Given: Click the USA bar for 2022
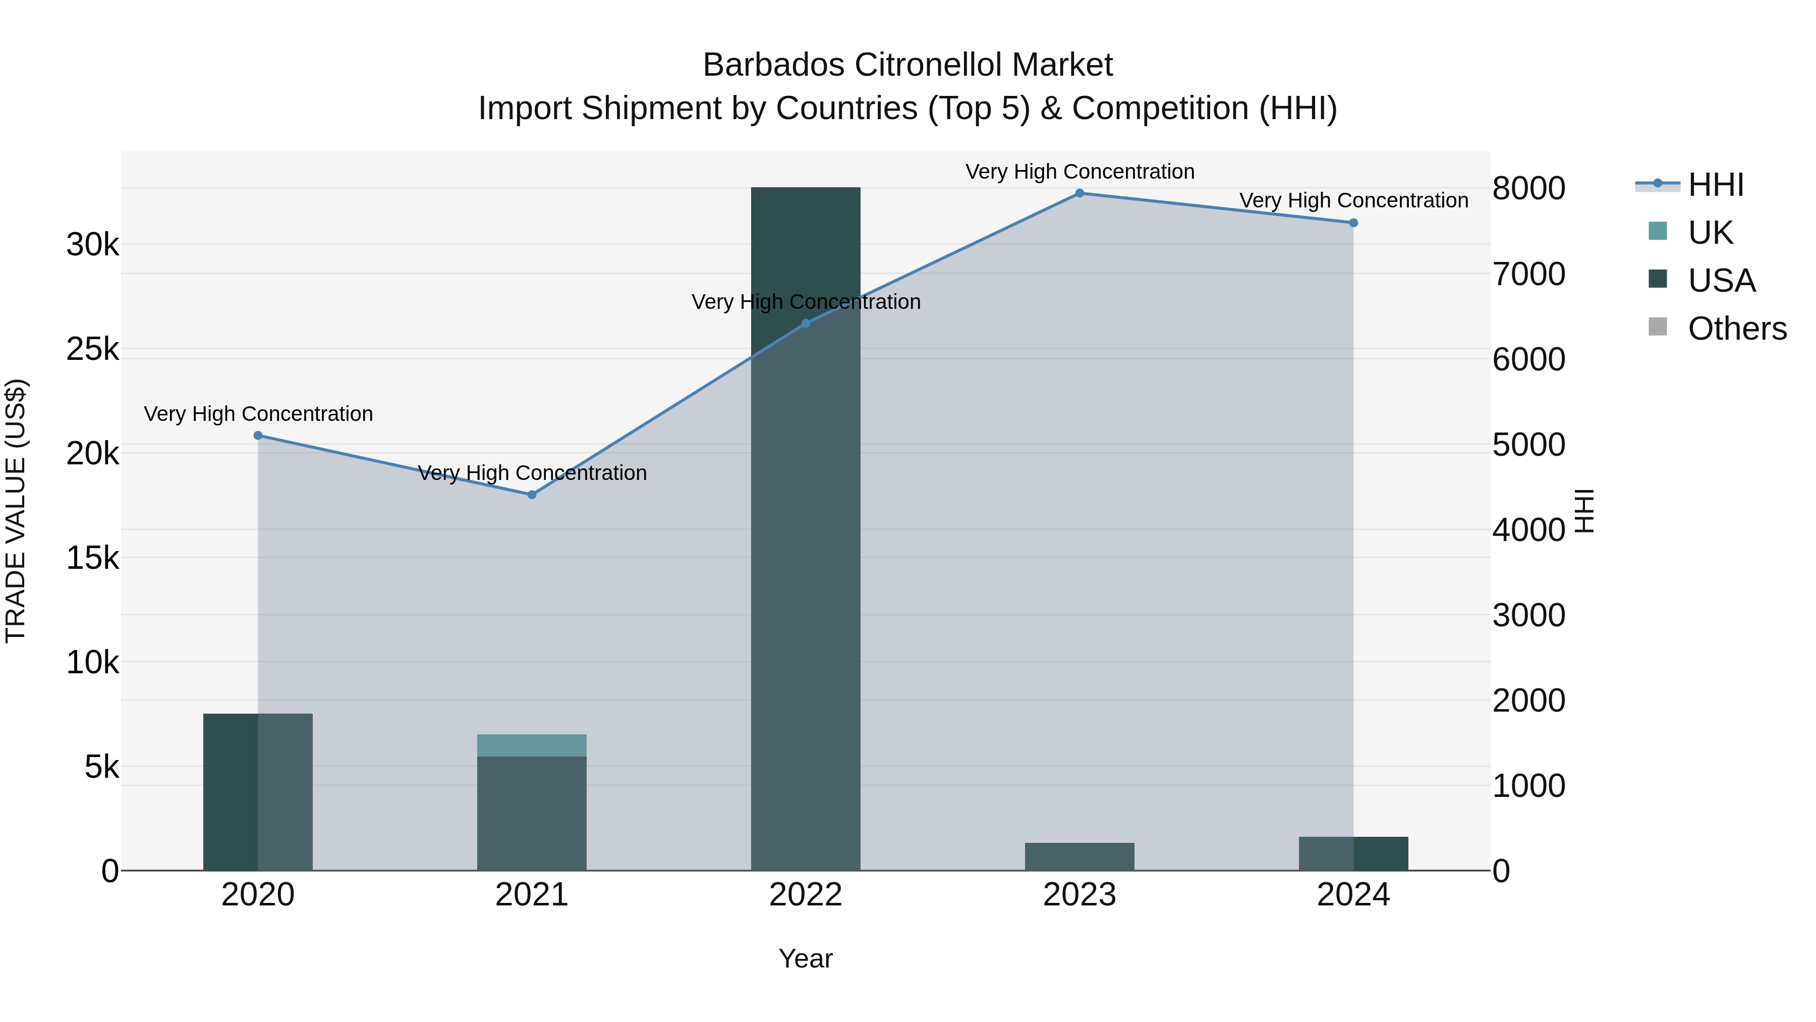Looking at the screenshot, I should [x=805, y=529].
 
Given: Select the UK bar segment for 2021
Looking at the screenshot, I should [x=532, y=745].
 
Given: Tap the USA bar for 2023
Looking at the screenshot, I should [x=1080, y=856].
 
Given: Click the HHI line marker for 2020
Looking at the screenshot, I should [x=258, y=436].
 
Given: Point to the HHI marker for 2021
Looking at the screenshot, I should [x=532, y=495].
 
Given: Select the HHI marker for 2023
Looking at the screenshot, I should [x=1080, y=193].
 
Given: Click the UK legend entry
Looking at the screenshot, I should [x=1709, y=233].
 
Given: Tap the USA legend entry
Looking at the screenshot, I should [x=1721, y=281].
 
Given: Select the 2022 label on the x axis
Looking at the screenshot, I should [x=805, y=895].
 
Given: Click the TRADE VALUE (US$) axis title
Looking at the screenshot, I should [x=16, y=511].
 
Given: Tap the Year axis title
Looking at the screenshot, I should [x=805, y=958].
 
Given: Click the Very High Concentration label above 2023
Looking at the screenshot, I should [x=1080, y=172].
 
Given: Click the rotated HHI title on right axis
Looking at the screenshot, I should [x=1583, y=511].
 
